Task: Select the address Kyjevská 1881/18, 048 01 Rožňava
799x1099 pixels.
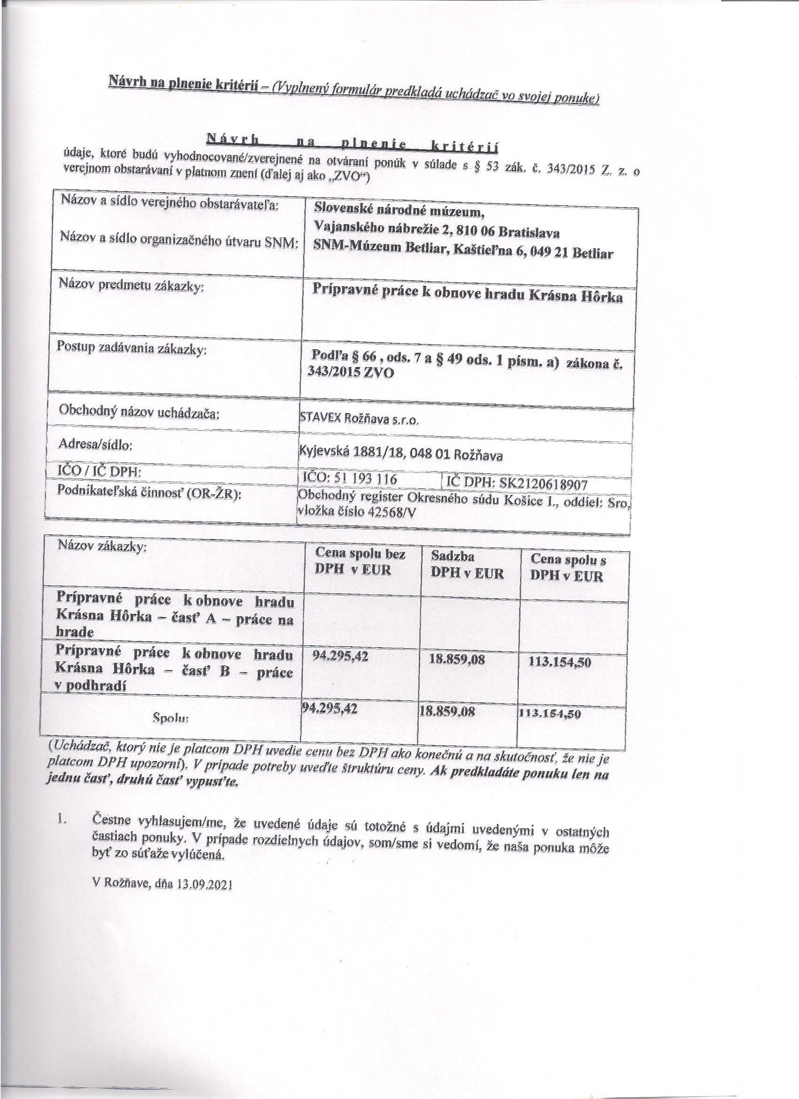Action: [x=401, y=455]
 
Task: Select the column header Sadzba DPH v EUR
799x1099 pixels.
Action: [x=467, y=565]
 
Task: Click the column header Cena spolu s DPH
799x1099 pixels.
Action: [x=567, y=567]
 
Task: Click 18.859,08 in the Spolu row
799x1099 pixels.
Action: [x=447, y=711]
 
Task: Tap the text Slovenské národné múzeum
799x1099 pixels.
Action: [x=399, y=210]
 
